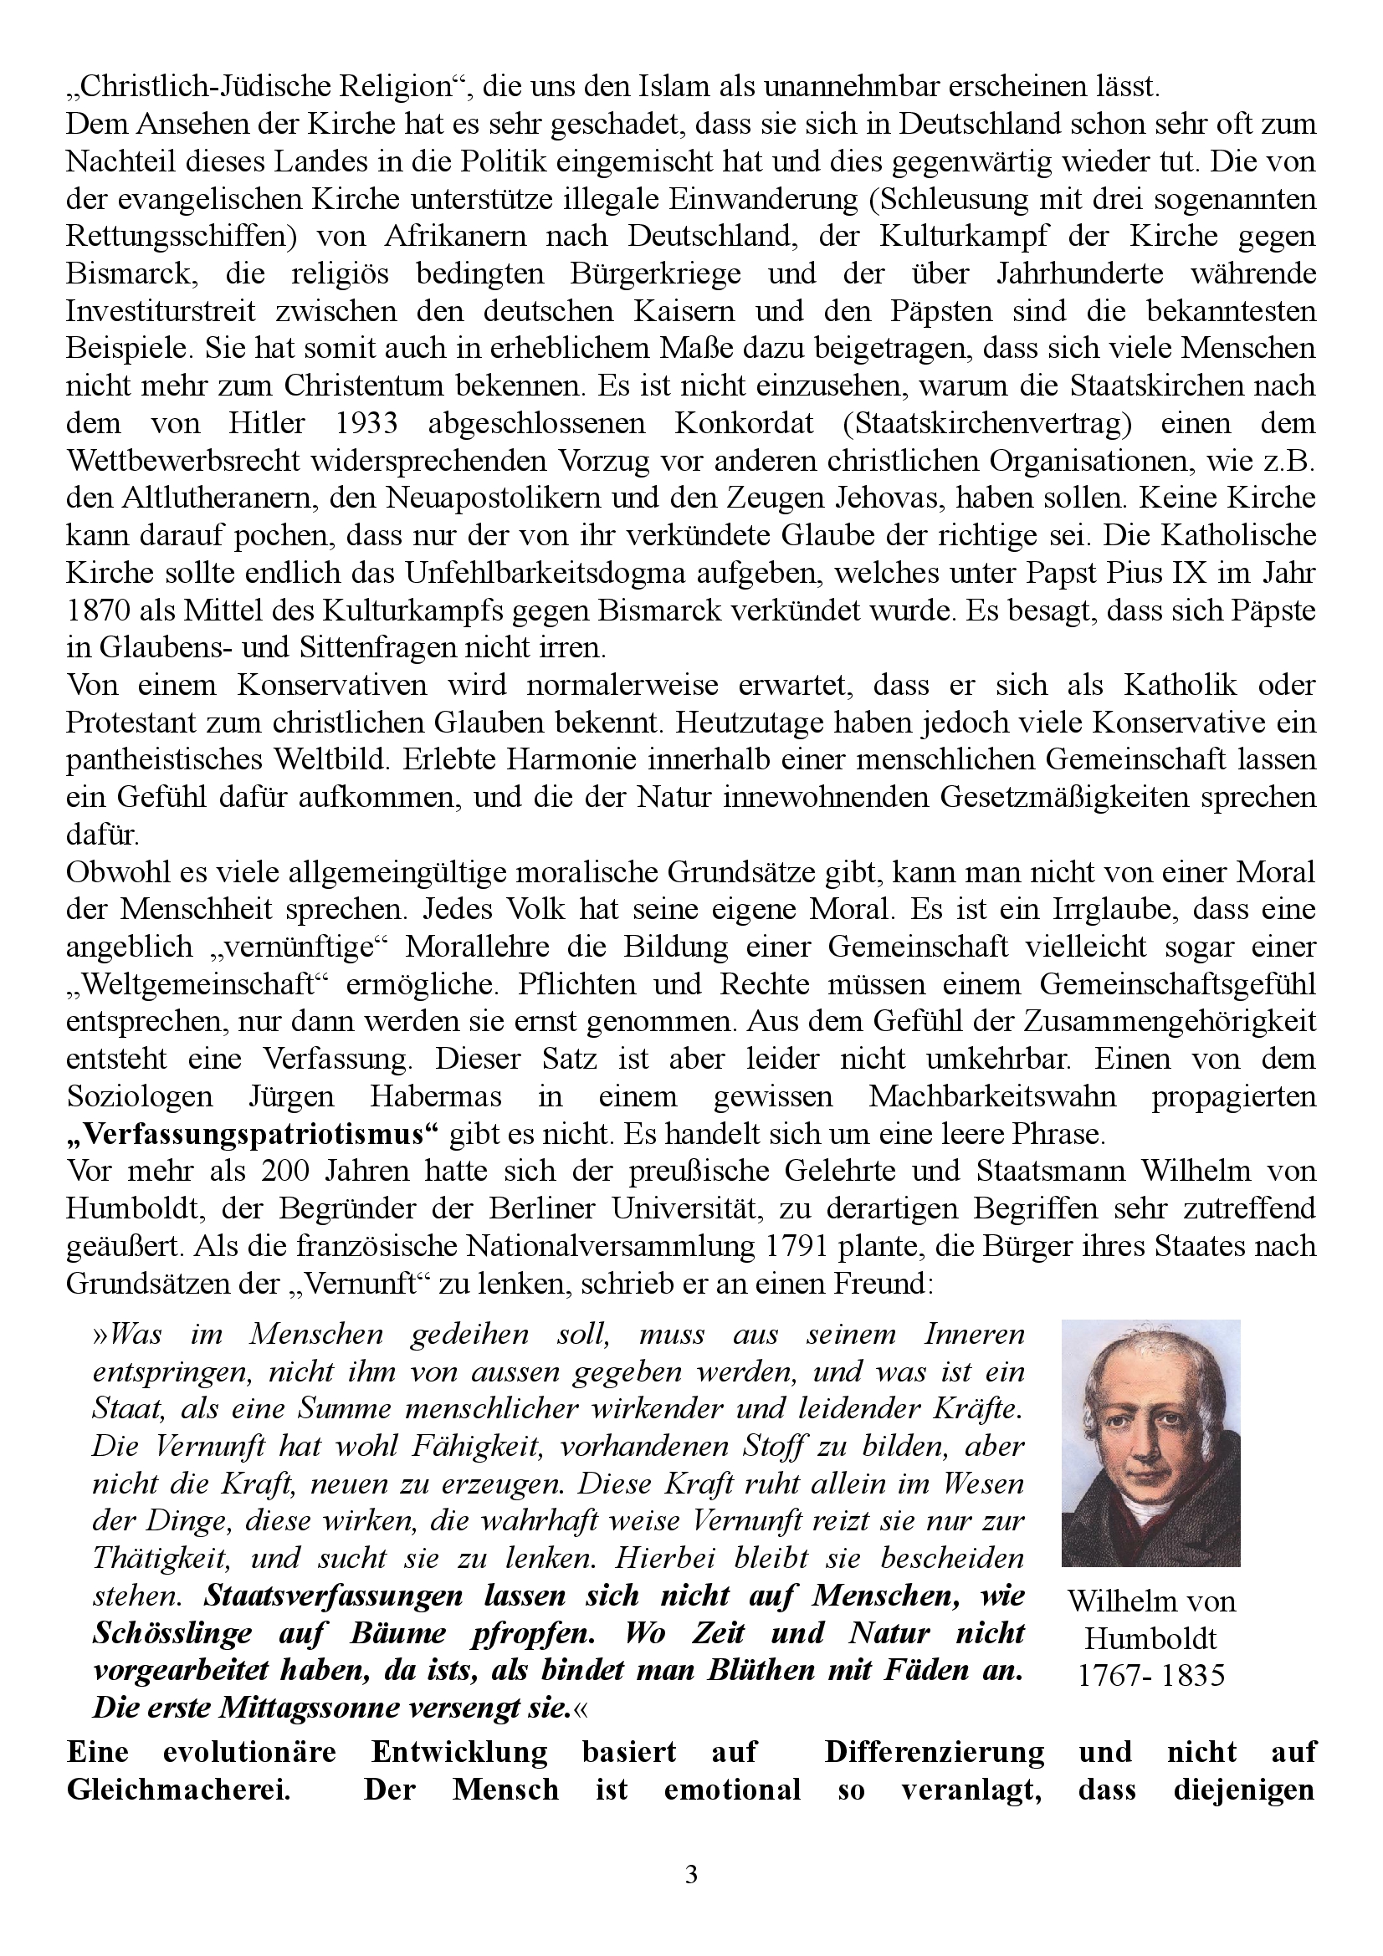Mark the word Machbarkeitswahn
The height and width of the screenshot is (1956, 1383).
click(992, 1096)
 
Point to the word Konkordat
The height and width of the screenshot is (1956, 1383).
click(727, 423)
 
